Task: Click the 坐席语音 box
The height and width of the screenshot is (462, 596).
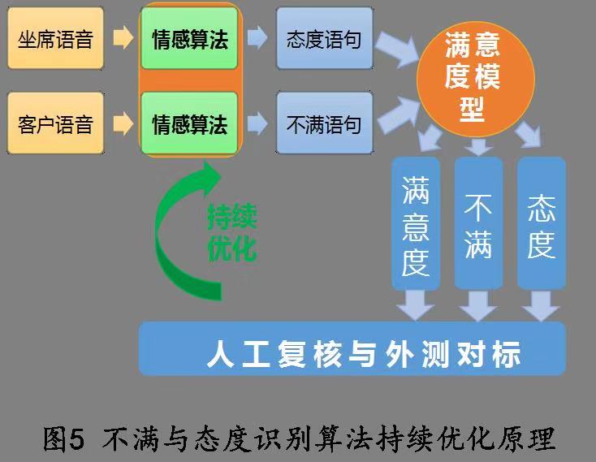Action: pyautogui.click(x=55, y=38)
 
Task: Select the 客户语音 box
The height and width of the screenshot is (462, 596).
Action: pyautogui.click(x=55, y=124)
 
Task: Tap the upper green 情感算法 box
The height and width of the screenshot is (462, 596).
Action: pyautogui.click(x=189, y=38)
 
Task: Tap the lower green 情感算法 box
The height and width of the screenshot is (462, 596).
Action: pyautogui.click(x=189, y=124)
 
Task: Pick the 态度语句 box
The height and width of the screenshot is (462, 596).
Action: pyautogui.click(x=324, y=38)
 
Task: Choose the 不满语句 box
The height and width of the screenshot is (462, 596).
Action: pyautogui.click(x=324, y=124)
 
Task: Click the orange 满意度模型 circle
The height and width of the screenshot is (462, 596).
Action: pyautogui.click(x=472, y=76)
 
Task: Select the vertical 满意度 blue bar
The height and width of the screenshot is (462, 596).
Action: pyautogui.click(x=415, y=223)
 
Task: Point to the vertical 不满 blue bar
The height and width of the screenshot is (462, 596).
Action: pyautogui.click(x=478, y=223)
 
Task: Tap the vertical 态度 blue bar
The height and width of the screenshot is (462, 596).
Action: pyautogui.click(x=541, y=223)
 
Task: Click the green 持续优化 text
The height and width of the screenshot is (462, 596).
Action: pyautogui.click(x=231, y=233)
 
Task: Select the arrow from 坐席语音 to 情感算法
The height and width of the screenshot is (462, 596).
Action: pyautogui.click(x=123, y=38)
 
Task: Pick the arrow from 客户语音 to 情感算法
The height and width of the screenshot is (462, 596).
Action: pyautogui.click(x=123, y=124)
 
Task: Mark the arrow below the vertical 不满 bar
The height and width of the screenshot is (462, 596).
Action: pyautogui.click(x=478, y=305)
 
